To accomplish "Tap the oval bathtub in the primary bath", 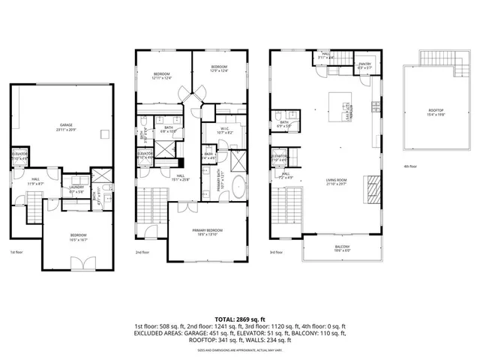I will coord(238,187).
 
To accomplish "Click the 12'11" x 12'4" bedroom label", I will coord(163,76).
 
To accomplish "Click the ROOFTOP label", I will coord(436,112).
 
